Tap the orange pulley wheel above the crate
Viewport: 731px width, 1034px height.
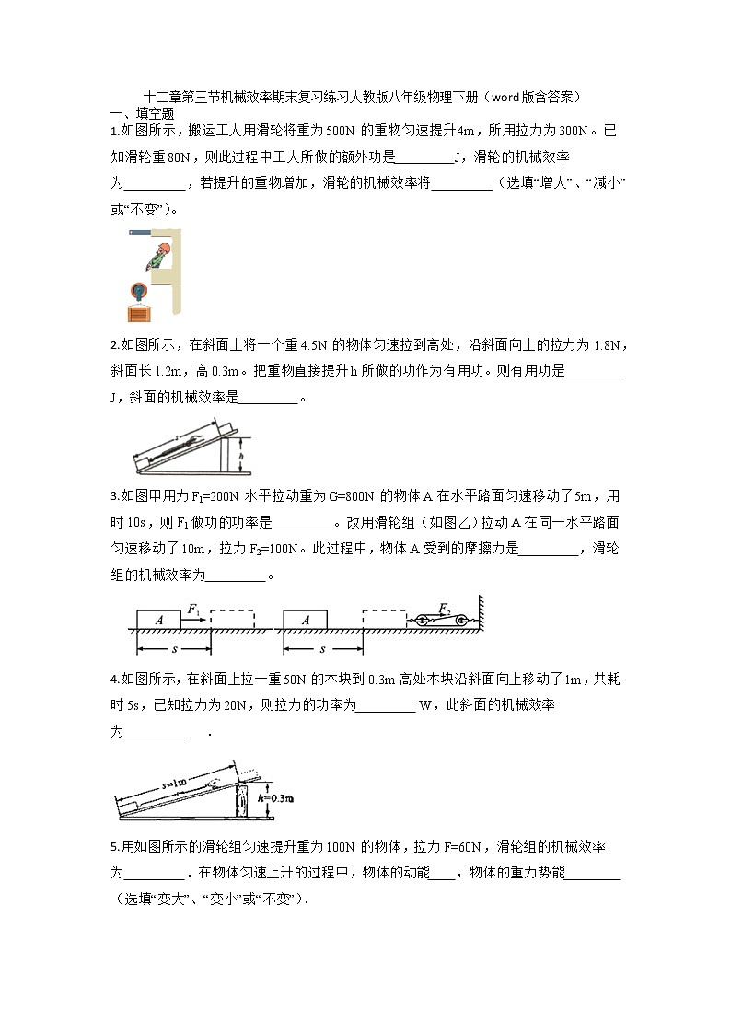click(139, 291)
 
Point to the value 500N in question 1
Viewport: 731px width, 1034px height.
click(331, 131)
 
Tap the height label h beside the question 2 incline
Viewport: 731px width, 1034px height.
click(240, 455)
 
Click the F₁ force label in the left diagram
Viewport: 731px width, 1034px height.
click(193, 609)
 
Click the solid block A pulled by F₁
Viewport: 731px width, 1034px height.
click(159, 621)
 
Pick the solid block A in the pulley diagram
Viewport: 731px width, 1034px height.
click(306, 621)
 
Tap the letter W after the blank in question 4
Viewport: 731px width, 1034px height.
click(424, 706)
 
